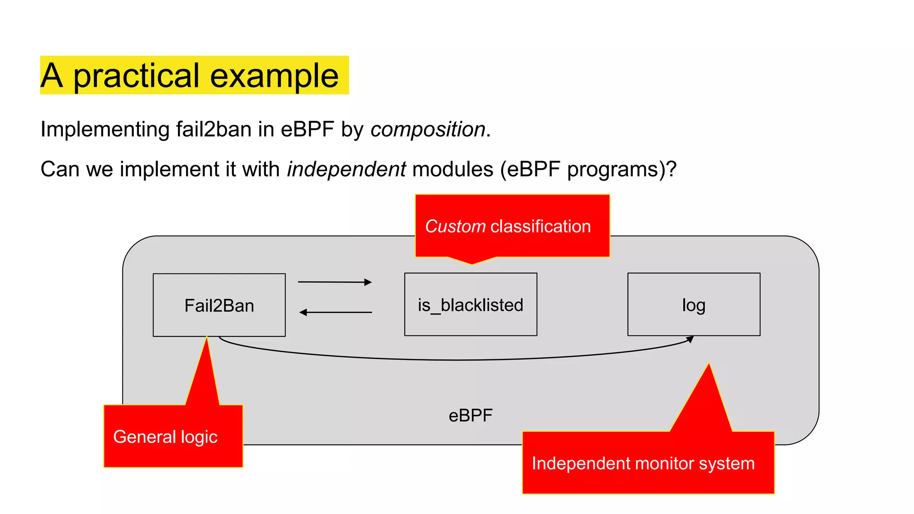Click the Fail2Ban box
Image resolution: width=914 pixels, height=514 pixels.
(219, 305)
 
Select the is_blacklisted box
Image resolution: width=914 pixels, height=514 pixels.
(470, 305)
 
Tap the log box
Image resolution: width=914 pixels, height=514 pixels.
(694, 305)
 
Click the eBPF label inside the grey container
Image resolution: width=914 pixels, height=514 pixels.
(470, 415)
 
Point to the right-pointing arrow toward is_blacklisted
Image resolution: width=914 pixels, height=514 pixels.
(335, 282)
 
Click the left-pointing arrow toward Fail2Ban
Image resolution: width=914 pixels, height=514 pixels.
(336, 312)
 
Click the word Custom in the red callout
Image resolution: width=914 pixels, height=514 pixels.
(455, 226)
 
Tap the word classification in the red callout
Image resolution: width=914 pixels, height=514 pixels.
(540, 226)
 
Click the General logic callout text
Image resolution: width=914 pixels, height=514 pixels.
(165, 437)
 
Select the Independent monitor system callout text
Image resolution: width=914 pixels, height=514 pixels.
(643, 463)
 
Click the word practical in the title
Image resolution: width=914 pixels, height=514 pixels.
(136, 76)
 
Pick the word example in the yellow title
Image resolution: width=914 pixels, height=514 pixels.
(274, 76)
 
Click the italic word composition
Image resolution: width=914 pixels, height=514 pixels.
(428, 129)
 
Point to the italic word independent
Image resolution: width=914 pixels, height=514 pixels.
(346, 170)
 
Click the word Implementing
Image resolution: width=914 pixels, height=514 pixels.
(105, 129)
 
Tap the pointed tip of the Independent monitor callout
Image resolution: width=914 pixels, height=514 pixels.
(709, 365)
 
